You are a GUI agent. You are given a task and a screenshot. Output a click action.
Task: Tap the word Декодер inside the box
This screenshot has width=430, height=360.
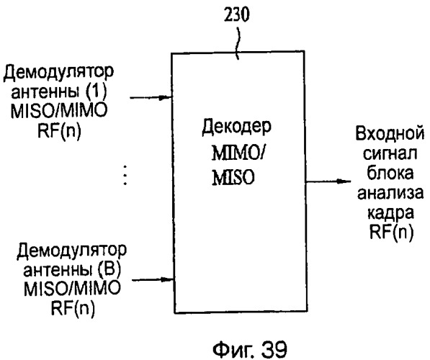pos(236,127)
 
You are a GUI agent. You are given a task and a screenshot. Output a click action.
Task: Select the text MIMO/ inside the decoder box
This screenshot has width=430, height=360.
pos(238,153)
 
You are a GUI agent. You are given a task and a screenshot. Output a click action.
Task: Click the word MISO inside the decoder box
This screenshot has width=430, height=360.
pos(233,177)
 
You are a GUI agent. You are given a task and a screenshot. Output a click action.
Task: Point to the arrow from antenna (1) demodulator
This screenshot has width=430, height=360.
pos(151,97)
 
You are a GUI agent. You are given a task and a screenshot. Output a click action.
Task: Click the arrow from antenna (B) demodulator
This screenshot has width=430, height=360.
pos(153,279)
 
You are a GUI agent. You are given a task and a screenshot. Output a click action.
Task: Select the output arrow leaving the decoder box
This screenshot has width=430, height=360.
pos(328,181)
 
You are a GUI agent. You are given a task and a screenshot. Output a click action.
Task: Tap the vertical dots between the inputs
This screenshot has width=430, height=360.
pos(125,175)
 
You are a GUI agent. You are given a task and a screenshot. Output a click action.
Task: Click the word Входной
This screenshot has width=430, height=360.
pos(390,133)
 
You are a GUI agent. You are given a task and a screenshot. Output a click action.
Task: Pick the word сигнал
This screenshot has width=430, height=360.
pos(390,153)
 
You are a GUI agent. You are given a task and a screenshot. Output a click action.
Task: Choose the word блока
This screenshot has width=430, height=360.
pos(390,173)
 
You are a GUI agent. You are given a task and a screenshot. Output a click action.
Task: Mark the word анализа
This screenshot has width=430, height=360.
pos(390,193)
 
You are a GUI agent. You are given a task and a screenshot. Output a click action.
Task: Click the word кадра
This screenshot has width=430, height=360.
pos(390,214)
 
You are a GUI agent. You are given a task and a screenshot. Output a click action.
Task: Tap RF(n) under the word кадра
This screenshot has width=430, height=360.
pos(391,233)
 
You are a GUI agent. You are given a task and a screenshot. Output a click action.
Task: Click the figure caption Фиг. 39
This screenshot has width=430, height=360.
pos(250,349)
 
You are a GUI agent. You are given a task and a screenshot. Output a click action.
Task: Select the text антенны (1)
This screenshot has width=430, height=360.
pos(58,92)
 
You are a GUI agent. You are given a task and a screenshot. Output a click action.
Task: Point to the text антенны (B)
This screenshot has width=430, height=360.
pos(72,269)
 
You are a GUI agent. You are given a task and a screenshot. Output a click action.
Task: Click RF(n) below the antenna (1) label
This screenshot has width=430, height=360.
pos(60,131)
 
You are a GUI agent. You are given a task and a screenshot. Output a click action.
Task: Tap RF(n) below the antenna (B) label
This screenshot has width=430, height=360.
pos(73,309)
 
